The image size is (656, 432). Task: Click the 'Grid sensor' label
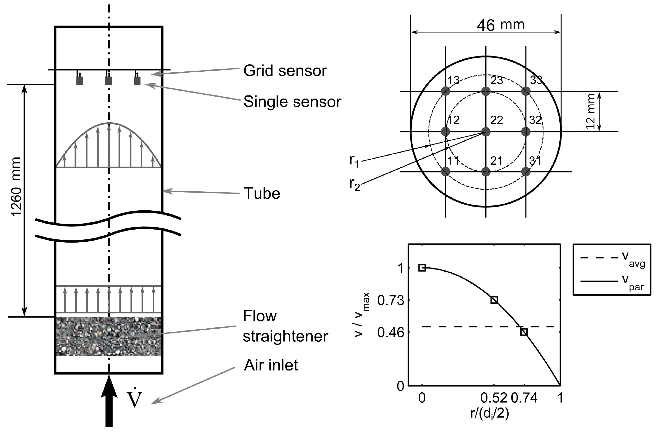point(285,71)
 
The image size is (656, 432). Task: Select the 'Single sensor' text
point(292,102)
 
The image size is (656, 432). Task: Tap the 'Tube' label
point(262,194)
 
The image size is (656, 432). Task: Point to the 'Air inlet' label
point(271,365)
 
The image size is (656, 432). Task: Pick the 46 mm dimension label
point(500,25)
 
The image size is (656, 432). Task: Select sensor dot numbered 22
point(486,132)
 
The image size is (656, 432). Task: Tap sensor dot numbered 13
point(445,91)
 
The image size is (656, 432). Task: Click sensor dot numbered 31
point(526,172)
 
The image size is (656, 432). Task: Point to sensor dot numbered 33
point(526,91)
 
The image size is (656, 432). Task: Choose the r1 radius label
point(354,160)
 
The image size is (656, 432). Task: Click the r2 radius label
point(354,184)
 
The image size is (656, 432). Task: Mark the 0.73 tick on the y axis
point(391,301)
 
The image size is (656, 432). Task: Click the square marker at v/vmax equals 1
point(422,268)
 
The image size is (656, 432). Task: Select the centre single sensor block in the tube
point(109,81)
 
